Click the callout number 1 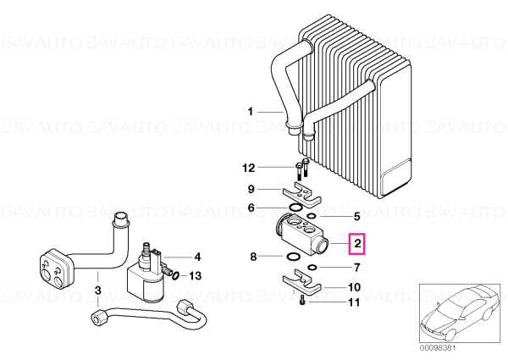point(250,112)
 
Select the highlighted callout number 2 point(357,243)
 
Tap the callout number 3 point(98,290)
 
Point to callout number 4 point(197,257)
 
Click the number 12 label point(249,168)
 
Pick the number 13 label point(196,276)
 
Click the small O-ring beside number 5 point(311,216)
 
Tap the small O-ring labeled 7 point(312,268)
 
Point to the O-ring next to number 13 point(175,275)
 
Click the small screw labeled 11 point(302,299)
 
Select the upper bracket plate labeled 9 point(301,196)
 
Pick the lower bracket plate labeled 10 point(301,281)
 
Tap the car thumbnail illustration point(460,313)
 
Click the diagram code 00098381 point(438,347)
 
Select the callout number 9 point(251,189)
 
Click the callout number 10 point(354,287)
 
